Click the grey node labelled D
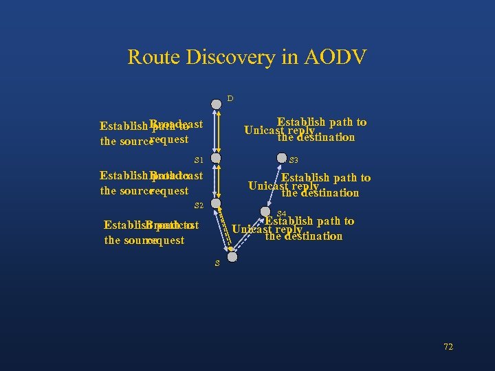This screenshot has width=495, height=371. pos(217,104)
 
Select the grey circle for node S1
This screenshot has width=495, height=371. pos(217,158)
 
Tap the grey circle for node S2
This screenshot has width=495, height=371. pos(216,203)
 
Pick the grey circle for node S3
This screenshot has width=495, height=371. pos(282,158)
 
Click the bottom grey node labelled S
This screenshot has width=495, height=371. pos(232,257)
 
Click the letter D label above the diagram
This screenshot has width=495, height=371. pos(230,99)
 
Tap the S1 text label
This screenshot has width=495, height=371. pos(199,159)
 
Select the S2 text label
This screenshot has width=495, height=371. pos(199,205)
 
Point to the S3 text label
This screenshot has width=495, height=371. pos(294,161)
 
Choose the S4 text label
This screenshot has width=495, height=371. pos(281,214)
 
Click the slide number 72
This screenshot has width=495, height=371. pos(448,347)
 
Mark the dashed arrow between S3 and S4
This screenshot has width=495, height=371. pos(274,185)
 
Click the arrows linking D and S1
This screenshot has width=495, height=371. pos(217,131)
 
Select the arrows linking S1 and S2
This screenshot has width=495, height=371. pos(217,181)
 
